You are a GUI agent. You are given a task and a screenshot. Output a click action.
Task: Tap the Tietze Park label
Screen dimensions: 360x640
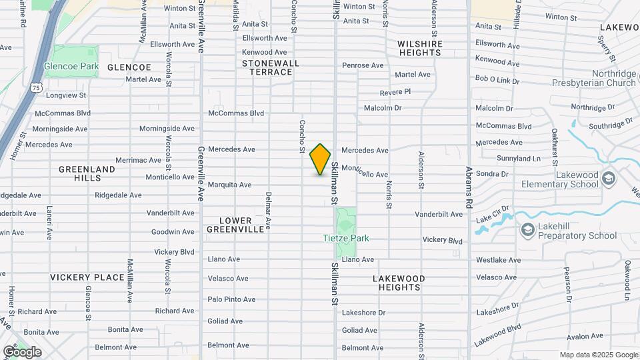pos(345,238)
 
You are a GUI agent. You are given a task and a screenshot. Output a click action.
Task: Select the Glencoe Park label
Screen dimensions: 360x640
pos(71,66)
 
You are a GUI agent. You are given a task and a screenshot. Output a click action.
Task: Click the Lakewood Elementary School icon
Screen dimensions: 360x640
pos(607,178)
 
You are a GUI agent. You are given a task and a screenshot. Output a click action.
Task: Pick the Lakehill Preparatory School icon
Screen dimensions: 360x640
pos(528,230)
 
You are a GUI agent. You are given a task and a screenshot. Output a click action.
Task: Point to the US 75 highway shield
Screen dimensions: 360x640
pos(35,87)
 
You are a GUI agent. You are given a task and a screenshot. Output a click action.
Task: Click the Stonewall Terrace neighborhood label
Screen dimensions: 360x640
pos(271,67)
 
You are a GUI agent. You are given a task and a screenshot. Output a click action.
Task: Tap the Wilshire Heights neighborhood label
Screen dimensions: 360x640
pos(420,49)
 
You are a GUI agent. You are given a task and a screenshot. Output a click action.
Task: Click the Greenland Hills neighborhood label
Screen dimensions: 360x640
pos(87,174)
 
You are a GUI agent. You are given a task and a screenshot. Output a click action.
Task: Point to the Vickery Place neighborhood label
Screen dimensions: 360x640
pos(87,277)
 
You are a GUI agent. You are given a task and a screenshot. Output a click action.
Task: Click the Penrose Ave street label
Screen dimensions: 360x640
pos(363,65)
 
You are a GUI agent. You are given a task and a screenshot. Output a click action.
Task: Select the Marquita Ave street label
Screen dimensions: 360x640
pos(229,185)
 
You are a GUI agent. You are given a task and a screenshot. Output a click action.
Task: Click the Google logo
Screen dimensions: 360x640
pos(22,351)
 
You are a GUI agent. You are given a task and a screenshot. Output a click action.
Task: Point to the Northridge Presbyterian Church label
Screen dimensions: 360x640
pos(593,79)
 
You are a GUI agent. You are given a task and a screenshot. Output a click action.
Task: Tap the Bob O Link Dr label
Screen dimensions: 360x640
pos(497,79)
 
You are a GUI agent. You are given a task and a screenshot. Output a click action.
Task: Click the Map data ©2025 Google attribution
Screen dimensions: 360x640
pos(597,355)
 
